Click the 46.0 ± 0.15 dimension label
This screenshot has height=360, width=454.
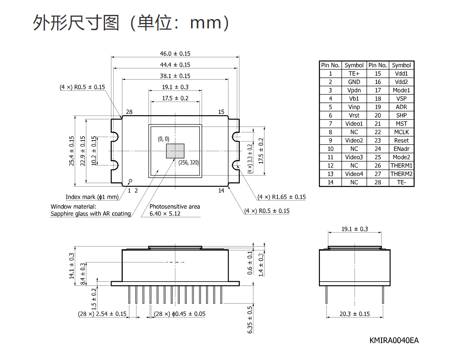point(175,54)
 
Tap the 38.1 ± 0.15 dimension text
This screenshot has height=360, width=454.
point(175,76)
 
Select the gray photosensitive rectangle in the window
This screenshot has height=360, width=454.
point(175,151)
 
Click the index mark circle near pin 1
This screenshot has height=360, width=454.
point(130,181)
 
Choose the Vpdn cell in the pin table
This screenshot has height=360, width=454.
point(354,90)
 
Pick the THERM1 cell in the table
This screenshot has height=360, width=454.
point(401,166)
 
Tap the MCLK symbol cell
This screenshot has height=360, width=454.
point(401,132)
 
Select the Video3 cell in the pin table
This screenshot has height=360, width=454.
point(354,157)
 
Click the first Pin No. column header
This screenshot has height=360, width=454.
point(330,65)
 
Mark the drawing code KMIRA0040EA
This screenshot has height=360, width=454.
point(394,340)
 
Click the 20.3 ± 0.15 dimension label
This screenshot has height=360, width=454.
point(355,314)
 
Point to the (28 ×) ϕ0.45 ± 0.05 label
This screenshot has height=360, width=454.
point(180,314)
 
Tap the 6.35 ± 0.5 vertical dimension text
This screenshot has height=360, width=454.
point(250,320)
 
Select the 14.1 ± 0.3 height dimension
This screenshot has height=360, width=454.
point(72,266)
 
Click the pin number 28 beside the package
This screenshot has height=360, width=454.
point(129,112)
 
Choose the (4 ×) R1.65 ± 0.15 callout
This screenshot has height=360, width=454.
point(282,197)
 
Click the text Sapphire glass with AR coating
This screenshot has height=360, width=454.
point(91,214)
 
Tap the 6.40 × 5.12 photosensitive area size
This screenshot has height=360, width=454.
point(165,214)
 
